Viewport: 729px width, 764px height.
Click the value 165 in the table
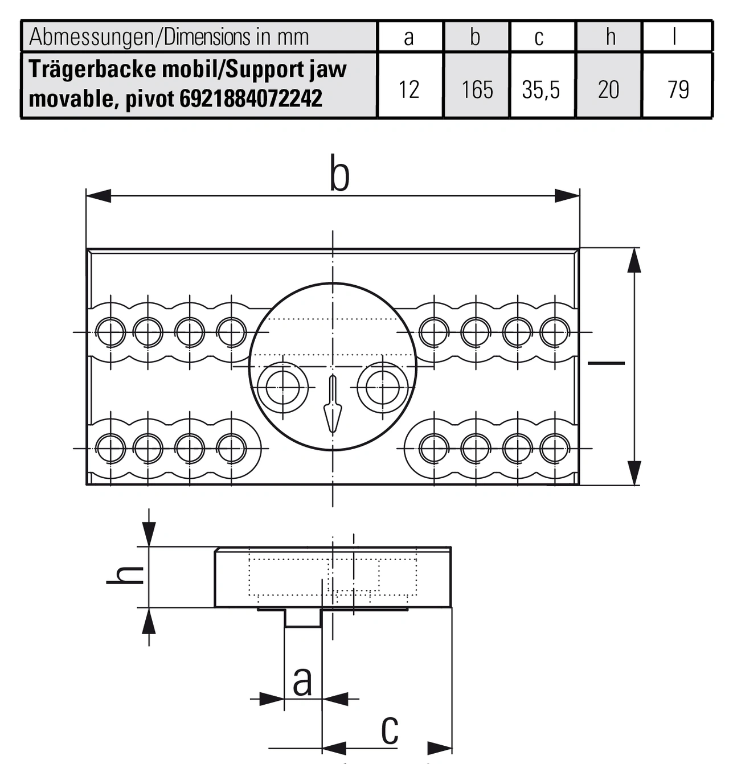coord(477,89)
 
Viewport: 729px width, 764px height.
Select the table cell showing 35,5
coord(541,89)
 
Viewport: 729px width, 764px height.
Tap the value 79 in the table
coord(678,89)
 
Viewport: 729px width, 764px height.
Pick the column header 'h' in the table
coord(610,37)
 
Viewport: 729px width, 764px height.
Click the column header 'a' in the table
coord(408,37)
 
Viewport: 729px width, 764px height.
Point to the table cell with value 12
coord(408,89)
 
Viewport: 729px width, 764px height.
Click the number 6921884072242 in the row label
coord(251,98)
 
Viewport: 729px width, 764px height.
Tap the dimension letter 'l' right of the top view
coord(606,362)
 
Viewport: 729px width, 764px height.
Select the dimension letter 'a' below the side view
coord(302,681)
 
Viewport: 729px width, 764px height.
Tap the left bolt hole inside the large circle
coord(282,388)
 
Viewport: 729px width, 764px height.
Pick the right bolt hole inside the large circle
coord(383,388)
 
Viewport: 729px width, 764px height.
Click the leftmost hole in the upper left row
coord(110,332)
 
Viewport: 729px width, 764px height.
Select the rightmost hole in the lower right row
coord(555,448)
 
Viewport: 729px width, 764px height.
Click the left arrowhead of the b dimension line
coord(98,196)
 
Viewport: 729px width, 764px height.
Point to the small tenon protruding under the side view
coord(303,618)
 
